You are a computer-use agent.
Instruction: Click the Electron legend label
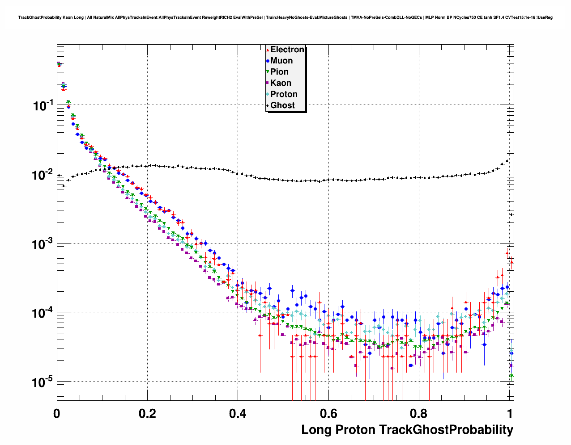[287, 50]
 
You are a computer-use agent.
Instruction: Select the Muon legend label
[281, 61]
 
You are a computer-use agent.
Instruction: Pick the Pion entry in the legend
[279, 72]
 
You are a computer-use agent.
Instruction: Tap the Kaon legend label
[281, 83]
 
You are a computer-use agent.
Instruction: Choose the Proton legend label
[284, 94]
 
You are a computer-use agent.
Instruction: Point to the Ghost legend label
[282, 105]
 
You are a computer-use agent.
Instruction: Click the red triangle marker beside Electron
[268, 50]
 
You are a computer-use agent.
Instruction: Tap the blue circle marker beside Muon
[268, 61]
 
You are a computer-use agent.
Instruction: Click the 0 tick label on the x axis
[57, 414]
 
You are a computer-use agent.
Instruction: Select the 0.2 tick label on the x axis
[147, 414]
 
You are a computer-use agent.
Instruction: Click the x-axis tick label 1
[509, 414]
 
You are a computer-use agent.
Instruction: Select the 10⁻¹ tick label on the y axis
[43, 106]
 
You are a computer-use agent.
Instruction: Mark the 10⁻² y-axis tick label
[43, 175]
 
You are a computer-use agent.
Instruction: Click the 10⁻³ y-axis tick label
[43, 244]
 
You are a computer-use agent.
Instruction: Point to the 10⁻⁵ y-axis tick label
[43, 382]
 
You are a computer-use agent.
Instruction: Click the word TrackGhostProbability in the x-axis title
[446, 430]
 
